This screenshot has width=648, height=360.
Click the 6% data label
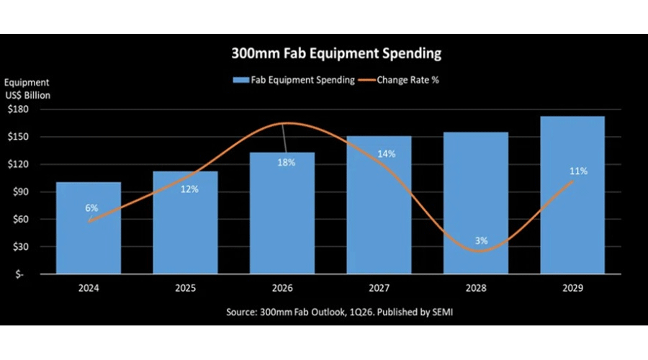click(x=91, y=208)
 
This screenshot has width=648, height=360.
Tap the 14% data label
click(x=386, y=153)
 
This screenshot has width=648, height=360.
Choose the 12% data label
click(x=189, y=189)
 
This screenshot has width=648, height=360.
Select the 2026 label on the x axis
click(x=282, y=288)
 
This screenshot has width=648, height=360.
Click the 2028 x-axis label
click(x=476, y=288)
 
